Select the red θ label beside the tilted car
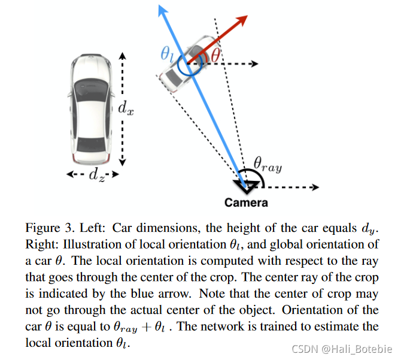(x=215, y=55)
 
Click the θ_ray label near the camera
(x=266, y=162)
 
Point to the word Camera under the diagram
(x=246, y=202)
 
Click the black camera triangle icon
(x=247, y=183)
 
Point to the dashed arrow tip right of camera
(x=315, y=187)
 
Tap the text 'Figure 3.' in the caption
(x=45, y=228)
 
